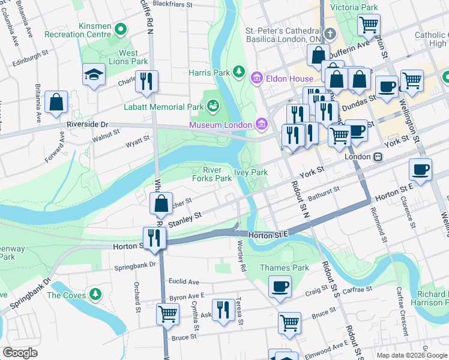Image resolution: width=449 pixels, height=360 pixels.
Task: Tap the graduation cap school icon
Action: (x=94, y=74)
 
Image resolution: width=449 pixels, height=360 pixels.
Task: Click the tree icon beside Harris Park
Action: (x=240, y=73)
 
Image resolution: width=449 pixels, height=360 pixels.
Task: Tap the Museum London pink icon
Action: (x=261, y=124)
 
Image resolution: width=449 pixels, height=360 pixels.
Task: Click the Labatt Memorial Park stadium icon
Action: (x=213, y=107)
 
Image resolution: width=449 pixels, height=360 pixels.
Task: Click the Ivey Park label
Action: (x=250, y=172)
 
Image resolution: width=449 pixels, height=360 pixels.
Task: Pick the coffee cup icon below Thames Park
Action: (x=280, y=286)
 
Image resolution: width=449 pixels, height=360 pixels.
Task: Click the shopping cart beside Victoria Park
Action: (x=369, y=25)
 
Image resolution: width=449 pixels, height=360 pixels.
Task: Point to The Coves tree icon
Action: (x=95, y=295)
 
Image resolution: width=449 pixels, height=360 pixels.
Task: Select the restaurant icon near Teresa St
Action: (x=223, y=310)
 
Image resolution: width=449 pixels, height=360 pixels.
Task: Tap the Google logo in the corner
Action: (x=20, y=352)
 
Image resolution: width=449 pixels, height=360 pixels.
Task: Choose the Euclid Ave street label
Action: (x=184, y=281)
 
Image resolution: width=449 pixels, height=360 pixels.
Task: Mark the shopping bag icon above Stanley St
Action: (x=161, y=203)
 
